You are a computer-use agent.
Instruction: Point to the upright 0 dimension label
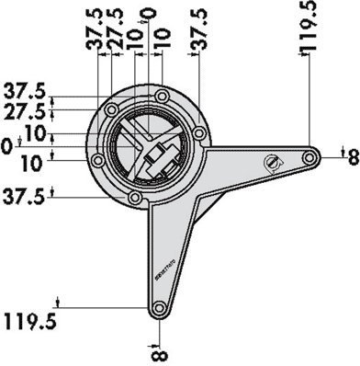click(8, 146)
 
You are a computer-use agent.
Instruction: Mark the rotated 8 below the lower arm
click(160, 350)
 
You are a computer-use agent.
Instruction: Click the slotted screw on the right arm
click(273, 163)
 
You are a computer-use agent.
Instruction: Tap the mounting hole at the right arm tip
click(312, 159)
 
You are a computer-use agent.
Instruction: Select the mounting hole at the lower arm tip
click(160, 309)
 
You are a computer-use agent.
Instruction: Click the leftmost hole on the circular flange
click(97, 161)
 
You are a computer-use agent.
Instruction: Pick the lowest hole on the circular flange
click(135, 196)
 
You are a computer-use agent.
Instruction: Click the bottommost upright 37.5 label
click(25, 196)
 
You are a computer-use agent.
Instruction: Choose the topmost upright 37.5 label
click(25, 92)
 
